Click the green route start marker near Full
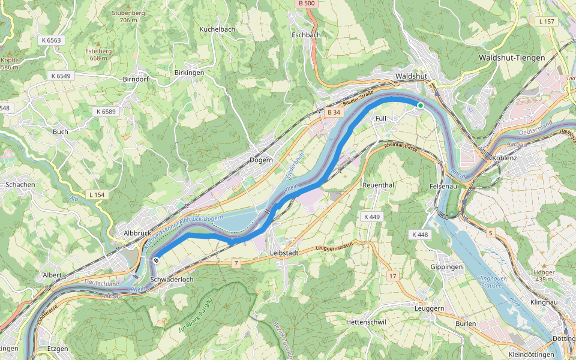[x=421, y=106]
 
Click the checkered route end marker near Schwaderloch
[x=156, y=260]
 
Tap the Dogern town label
[x=261, y=160]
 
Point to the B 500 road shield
[x=306, y=4]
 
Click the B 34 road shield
[x=334, y=112]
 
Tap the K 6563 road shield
[x=52, y=40]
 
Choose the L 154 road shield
[x=97, y=195]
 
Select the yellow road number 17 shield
[x=392, y=276]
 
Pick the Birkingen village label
[x=189, y=73]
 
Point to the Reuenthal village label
[x=378, y=185]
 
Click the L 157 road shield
[x=547, y=22]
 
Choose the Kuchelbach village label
[x=217, y=29]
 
